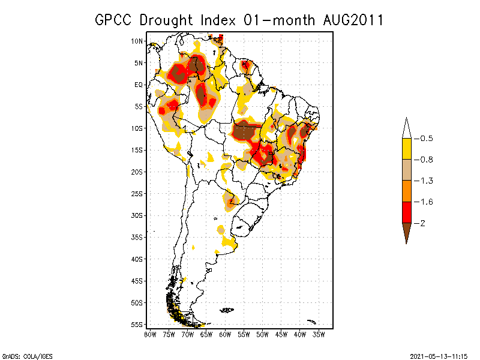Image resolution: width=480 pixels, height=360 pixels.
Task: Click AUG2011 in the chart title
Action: pos(351,20)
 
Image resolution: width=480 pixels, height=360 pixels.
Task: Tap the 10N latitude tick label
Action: pos(137,41)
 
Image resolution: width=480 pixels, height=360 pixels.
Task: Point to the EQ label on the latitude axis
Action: pos(139,85)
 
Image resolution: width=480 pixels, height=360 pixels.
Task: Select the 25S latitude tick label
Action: pos(137,193)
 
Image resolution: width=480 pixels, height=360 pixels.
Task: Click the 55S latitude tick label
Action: pos(137,324)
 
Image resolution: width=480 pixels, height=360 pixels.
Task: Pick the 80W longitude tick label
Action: pos(150,334)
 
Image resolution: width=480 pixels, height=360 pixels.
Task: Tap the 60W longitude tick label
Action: pos(226,334)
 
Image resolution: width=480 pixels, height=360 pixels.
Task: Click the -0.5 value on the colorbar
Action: pos(426,139)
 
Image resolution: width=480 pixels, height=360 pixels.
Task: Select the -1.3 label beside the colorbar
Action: pos(426,181)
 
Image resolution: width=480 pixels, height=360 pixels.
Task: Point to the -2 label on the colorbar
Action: pos(422,223)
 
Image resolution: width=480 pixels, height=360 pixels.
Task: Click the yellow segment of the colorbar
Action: pos(406,149)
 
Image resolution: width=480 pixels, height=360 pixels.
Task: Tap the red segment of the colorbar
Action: pos(406,212)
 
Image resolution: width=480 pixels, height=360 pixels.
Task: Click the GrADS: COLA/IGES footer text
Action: pos(28,356)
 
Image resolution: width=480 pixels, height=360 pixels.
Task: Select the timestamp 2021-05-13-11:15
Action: pos(439,356)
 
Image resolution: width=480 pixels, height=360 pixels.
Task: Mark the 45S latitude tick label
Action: pos(137,280)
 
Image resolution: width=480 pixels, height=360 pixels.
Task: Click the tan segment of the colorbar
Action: pos(406,170)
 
